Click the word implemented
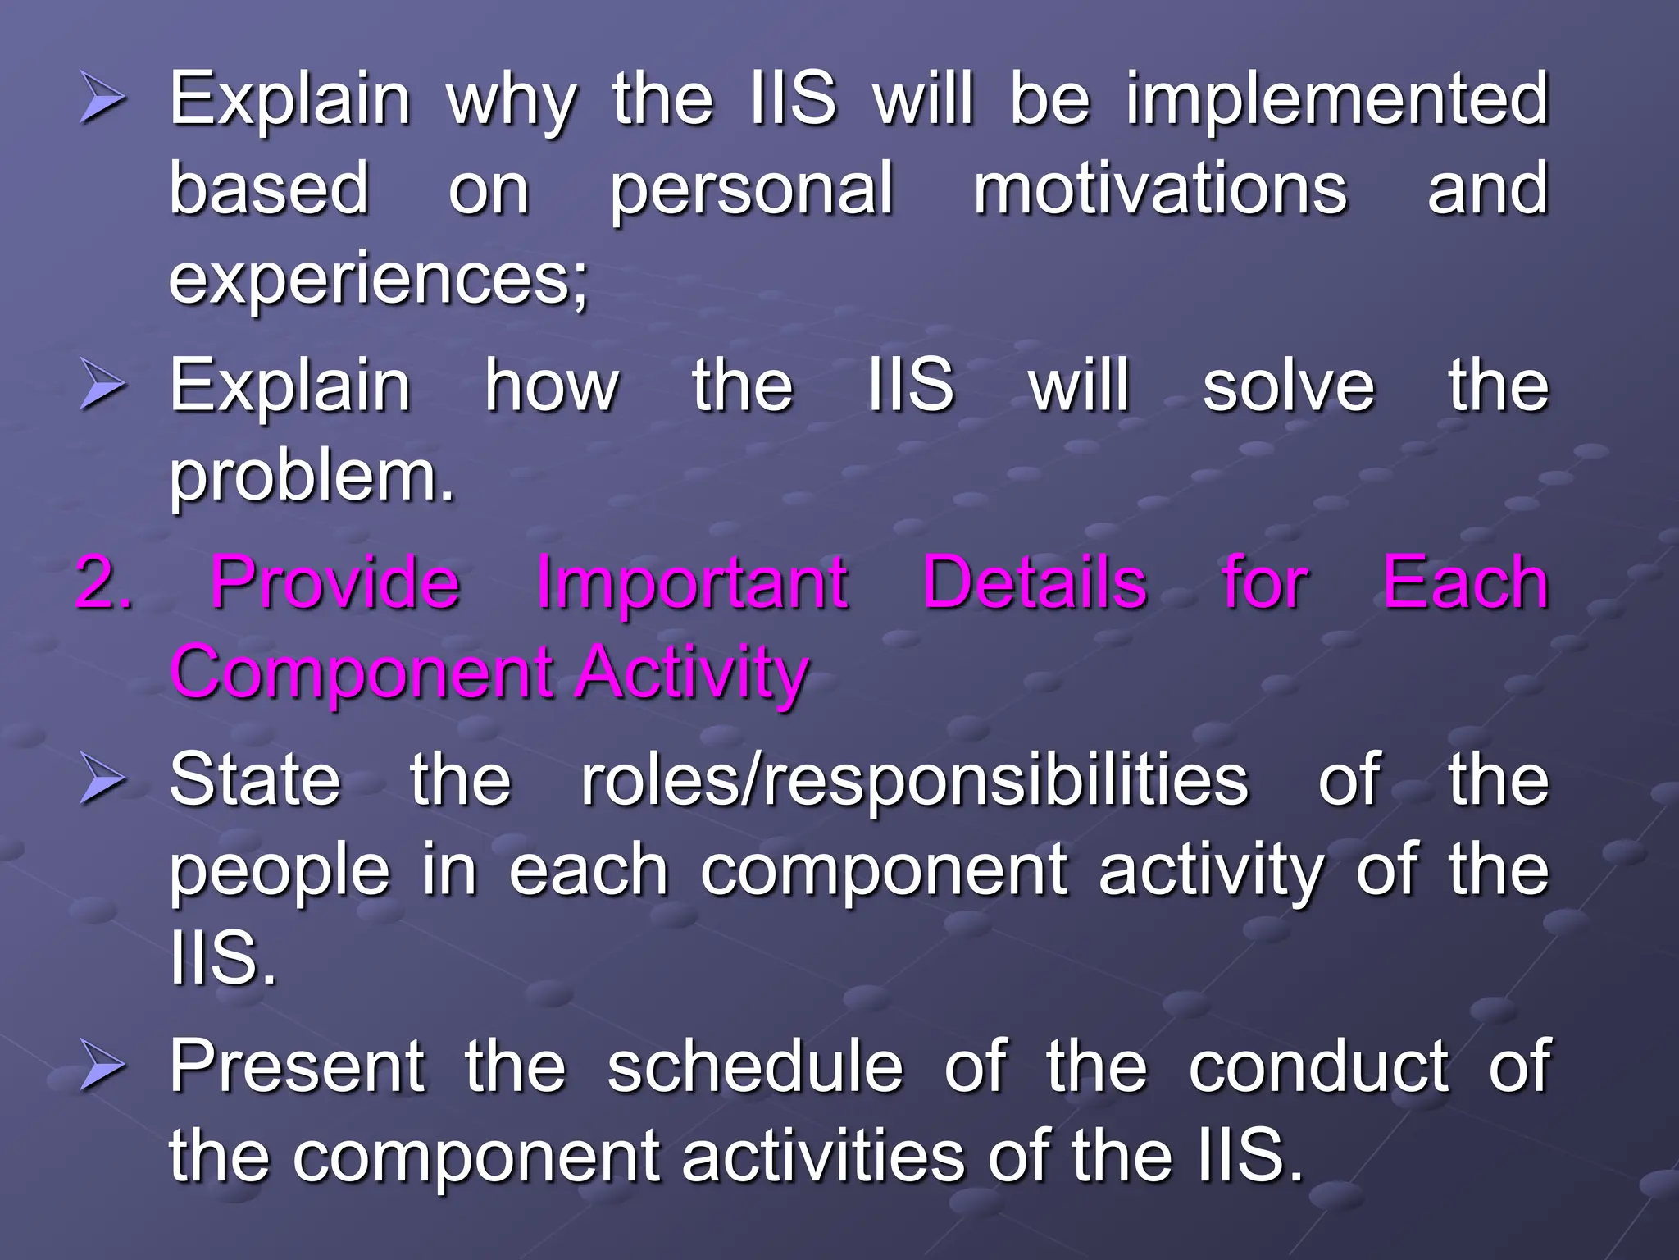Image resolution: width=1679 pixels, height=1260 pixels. (x=1337, y=100)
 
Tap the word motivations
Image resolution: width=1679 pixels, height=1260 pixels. (x=1160, y=189)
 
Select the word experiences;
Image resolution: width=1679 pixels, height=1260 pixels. (x=378, y=280)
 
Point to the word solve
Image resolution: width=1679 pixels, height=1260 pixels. (x=1288, y=386)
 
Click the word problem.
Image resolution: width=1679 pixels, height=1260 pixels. (x=311, y=477)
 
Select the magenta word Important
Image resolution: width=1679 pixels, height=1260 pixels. (x=692, y=583)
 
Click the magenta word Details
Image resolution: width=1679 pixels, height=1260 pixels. (x=1035, y=583)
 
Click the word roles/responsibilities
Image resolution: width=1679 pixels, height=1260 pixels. (x=914, y=780)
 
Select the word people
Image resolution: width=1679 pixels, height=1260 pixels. (x=280, y=872)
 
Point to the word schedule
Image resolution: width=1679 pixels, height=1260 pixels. (x=755, y=1066)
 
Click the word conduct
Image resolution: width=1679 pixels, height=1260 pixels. (x=1318, y=1066)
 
